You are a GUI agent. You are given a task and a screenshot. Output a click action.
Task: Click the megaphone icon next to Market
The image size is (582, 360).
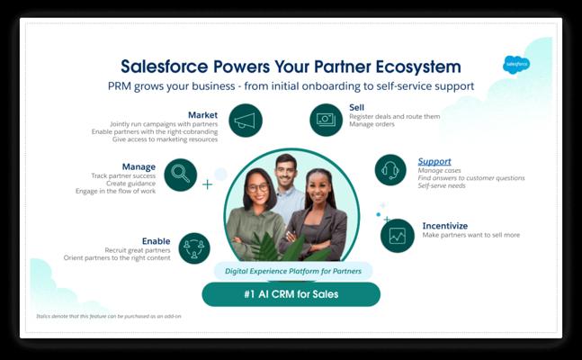(x=246, y=121)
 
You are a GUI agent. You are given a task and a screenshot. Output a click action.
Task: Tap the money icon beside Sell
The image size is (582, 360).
(x=327, y=120)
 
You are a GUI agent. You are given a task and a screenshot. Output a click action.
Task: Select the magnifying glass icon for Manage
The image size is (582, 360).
(x=181, y=175)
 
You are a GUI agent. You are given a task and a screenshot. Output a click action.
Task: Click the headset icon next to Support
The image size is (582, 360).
(x=390, y=170)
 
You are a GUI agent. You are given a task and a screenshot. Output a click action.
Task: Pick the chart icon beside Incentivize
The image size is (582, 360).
(x=398, y=236)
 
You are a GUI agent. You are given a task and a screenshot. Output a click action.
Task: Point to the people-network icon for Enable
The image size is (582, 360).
(x=194, y=248)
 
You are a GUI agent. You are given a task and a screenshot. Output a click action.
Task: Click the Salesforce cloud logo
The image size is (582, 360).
(x=516, y=65)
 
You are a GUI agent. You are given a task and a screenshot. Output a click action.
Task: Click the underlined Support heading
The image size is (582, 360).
(x=434, y=162)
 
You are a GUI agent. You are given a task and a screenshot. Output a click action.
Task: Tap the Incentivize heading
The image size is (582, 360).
(x=445, y=226)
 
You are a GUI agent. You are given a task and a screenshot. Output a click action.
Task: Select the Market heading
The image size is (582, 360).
(x=202, y=115)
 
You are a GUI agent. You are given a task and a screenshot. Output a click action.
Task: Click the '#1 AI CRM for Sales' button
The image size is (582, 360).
(x=291, y=294)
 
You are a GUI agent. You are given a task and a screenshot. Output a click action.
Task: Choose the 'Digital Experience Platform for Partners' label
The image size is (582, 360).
(x=293, y=271)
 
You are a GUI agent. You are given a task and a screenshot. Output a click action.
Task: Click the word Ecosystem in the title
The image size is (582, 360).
(x=418, y=67)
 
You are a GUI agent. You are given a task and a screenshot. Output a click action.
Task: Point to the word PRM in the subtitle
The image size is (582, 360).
(x=119, y=86)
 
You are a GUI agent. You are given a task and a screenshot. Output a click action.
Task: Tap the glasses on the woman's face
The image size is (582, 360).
(x=258, y=187)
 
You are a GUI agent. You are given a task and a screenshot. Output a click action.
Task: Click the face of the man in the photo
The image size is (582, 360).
(x=285, y=171)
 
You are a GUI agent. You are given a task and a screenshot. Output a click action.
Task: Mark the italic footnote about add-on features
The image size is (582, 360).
(x=109, y=316)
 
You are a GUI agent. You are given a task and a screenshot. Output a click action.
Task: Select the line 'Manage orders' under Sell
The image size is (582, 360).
(x=372, y=124)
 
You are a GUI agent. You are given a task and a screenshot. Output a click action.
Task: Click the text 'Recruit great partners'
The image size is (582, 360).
(x=138, y=250)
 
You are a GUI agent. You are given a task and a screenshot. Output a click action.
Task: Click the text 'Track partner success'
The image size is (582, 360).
(x=123, y=175)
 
